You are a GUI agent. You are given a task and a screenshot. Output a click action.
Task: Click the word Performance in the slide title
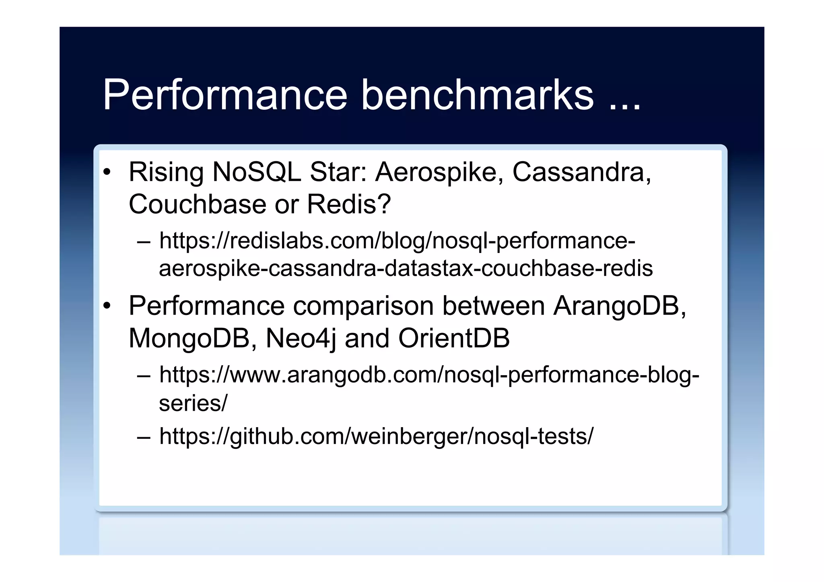pos(225,95)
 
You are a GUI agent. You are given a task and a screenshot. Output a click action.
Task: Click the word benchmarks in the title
pos(477,95)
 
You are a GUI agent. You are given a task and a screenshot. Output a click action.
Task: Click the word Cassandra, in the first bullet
pos(581,173)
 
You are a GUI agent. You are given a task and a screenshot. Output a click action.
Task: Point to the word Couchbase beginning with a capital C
pos(197,204)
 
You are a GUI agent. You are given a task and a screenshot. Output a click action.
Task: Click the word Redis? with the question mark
pos(349,204)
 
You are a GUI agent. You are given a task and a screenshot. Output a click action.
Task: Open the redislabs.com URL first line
pos(397,241)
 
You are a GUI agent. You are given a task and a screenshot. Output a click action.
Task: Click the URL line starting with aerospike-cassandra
pos(406,269)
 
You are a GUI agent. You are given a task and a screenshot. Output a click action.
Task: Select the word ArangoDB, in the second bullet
pos(620,306)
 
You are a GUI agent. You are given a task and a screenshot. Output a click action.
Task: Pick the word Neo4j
pos(301,338)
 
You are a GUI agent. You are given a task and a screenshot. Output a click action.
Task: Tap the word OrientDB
pos(454,338)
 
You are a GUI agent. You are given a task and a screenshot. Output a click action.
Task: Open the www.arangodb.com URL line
pos(429,375)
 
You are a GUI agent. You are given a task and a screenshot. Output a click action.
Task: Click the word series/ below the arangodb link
pos(193,403)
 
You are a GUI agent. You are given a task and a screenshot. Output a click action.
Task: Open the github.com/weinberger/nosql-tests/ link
pos(376,436)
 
